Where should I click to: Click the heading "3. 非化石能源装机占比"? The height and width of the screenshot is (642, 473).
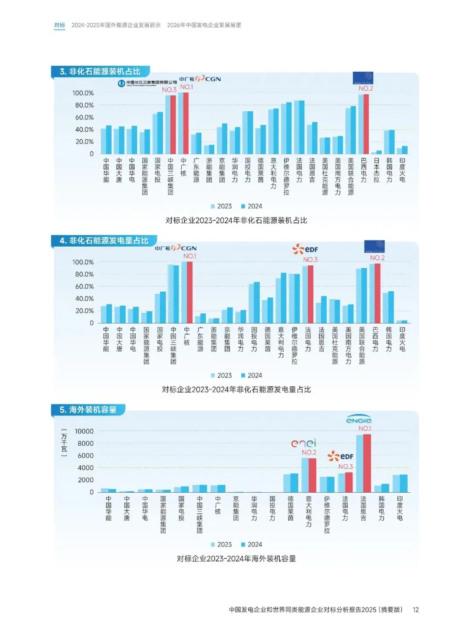coord(100,71)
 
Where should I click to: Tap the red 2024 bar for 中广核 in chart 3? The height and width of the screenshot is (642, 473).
coord(186,123)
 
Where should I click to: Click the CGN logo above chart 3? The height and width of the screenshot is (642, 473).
coord(200,79)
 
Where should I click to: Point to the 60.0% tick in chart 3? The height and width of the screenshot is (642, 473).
coord(84,117)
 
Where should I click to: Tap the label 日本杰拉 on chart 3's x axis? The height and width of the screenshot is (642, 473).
coord(377,170)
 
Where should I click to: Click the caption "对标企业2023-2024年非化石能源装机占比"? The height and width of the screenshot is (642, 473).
coord(236,220)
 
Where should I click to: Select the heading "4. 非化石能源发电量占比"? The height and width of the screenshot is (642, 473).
coord(104,240)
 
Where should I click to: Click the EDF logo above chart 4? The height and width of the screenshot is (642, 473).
coord(305,249)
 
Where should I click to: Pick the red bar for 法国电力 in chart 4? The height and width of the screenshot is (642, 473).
coord(311,294)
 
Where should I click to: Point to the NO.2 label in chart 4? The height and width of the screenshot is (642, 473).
coord(377,258)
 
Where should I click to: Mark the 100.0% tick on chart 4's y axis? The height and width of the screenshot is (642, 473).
coord(83,262)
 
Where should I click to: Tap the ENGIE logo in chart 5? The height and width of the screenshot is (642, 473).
coord(359,420)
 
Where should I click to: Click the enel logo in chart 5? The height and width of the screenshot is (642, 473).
coord(304,443)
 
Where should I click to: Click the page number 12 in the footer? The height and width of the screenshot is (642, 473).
coord(416,610)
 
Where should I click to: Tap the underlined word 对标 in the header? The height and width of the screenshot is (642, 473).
coord(60,25)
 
